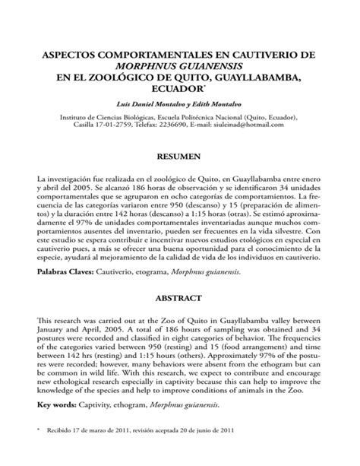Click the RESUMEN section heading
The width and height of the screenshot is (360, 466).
pyautogui.click(x=179, y=155)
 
